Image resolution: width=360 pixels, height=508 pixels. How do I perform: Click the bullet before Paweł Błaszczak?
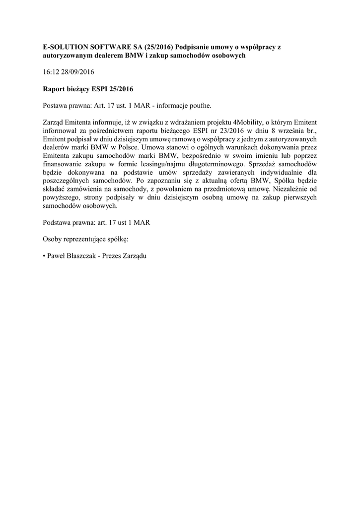coord(44,256)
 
